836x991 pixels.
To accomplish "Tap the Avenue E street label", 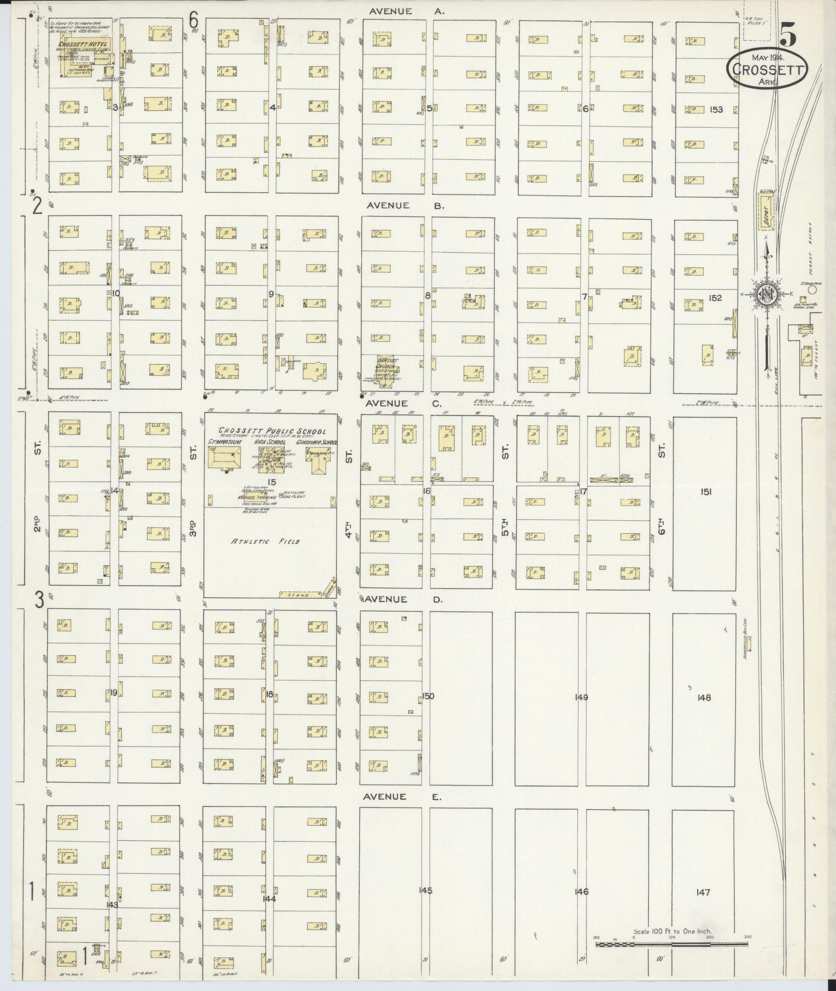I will tap(402, 797).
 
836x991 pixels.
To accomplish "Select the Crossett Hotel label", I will tap(82, 45).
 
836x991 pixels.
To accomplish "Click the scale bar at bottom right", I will tap(671, 944).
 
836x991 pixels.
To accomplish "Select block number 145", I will tap(426, 891).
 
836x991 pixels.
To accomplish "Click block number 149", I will tap(581, 697).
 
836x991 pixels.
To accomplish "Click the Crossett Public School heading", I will tap(272, 431).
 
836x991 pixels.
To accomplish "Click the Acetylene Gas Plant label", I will tap(294, 494).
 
